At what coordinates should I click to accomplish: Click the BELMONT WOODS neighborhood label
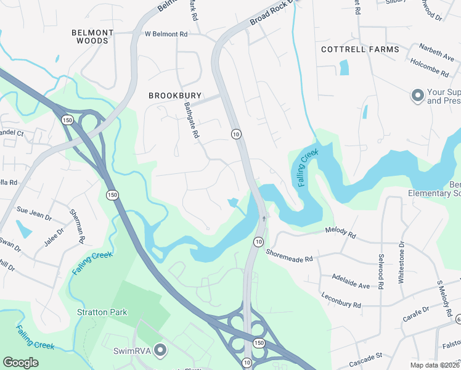(x=92, y=36)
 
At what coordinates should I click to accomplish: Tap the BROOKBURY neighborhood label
(x=175, y=96)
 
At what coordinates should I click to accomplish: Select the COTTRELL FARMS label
(x=360, y=49)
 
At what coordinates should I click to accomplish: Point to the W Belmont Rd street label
(x=166, y=35)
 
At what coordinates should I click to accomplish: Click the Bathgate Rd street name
(x=189, y=120)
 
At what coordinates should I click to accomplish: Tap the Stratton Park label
(x=102, y=312)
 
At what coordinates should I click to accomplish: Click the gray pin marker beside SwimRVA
(x=160, y=351)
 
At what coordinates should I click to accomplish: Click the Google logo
(x=21, y=362)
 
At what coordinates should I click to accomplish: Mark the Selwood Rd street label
(x=380, y=274)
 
